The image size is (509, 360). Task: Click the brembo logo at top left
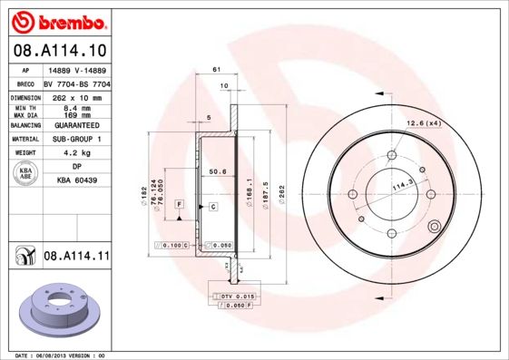tap(55, 20)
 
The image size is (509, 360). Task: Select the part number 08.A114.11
tap(75, 257)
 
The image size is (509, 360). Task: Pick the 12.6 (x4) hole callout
tap(423, 122)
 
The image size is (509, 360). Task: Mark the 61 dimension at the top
tap(216, 70)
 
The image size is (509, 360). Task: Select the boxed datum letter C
tap(212, 207)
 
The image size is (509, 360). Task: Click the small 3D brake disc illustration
tap(56, 311)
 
